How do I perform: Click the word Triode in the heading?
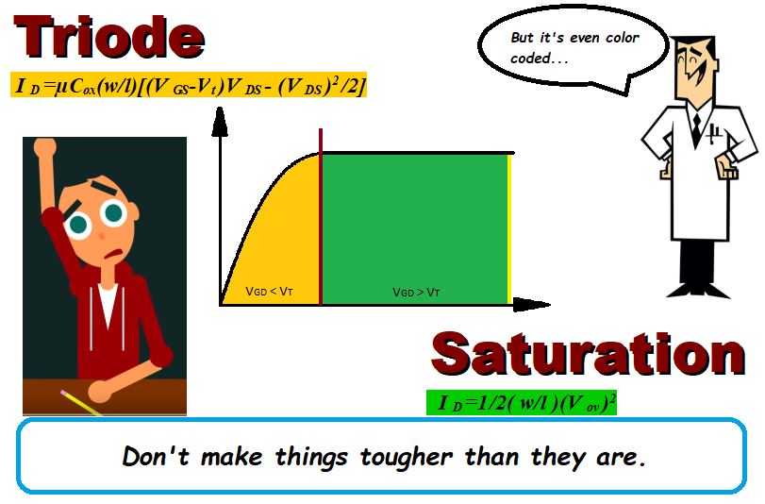click(109, 37)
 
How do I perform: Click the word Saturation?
click(589, 353)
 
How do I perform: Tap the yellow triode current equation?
click(189, 85)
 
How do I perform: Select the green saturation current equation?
click(522, 402)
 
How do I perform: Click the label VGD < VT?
click(269, 292)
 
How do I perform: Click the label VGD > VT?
click(416, 292)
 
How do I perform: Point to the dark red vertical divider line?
click(321, 216)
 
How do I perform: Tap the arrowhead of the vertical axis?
click(220, 121)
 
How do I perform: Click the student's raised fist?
click(44, 146)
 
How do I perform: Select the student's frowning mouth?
click(115, 254)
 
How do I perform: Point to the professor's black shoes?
click(698, 290)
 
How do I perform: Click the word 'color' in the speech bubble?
click(622, 38)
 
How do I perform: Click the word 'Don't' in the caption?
click(155, 456)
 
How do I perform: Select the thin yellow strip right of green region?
click(509, 229)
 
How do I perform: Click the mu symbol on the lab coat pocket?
click(714, 133)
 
